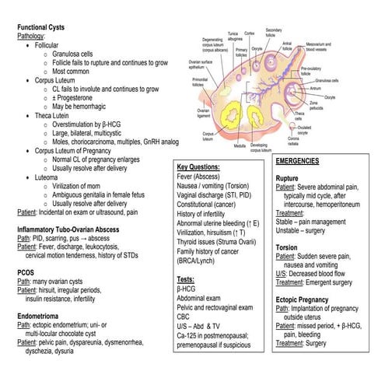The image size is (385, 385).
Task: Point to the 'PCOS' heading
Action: (27, 272)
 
